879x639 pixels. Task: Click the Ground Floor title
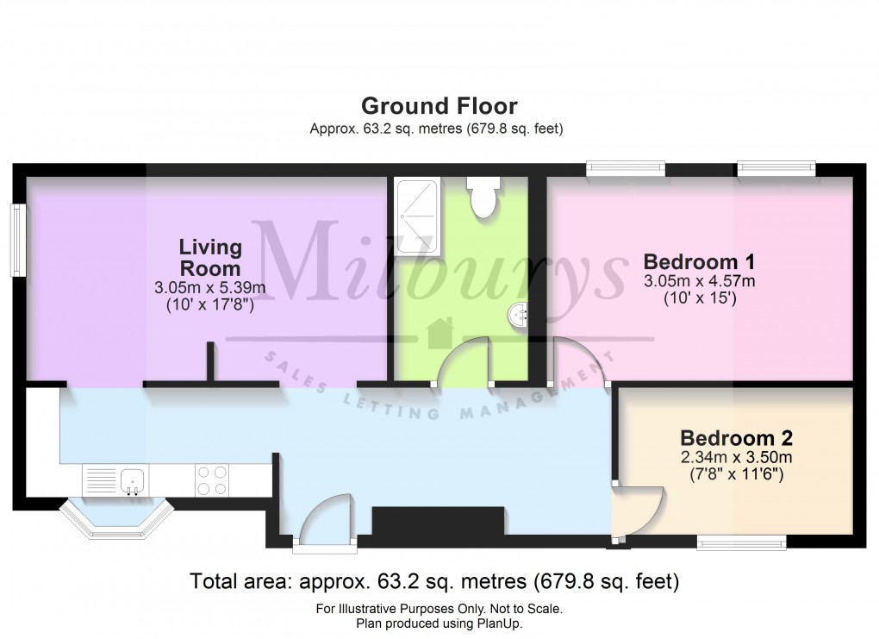(x=439, y=106)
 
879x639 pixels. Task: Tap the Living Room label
(x=210, y=257)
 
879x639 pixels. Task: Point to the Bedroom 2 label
(x=736, y=437)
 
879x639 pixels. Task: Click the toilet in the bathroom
(x=481, y=197)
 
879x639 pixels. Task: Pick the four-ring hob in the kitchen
(x=212, y=480)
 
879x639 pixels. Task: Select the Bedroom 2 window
(x=741, y=542)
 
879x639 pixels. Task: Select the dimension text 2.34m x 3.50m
(x=736, y=457)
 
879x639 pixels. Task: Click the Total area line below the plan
(x=434, y=581)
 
